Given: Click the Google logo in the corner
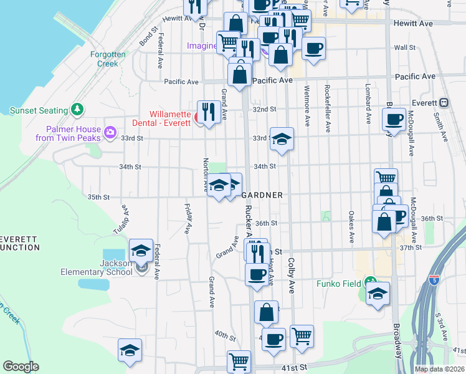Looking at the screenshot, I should pyautogui.click(x=21, y=367).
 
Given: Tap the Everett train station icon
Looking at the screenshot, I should pyautogui.click(x=445, y=103).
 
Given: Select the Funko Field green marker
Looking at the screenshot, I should pyautogui.click(x=371, y=281).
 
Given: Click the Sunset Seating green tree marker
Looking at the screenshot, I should pyautogui.click(x=77, y=110).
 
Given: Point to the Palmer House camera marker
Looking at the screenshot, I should pyautogui.click(x=111, y=131).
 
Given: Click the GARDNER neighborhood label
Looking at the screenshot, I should pyautogui.click(x=262, y=195).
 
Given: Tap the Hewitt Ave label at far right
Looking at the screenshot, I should pyautogui.click(x=414, y=23).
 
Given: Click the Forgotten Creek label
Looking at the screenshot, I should pyautogui.click(x=108, y=59).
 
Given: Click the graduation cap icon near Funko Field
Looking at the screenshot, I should pyautogui.click(x=378, y=294).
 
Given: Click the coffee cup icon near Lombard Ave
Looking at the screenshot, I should pyautogui.click(x=394, y=118).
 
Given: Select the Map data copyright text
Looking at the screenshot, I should pyautogui.click(x=440, y=369).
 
